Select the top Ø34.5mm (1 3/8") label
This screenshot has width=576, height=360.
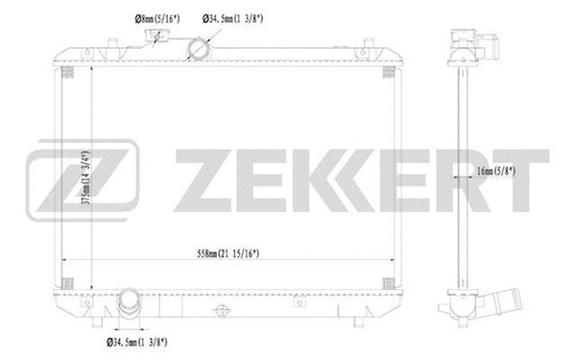coord(236,16)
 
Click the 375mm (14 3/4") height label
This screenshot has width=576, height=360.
coord(85,177)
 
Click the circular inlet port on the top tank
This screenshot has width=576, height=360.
coord(200,48)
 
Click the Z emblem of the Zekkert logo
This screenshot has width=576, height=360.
coord(83,180)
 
